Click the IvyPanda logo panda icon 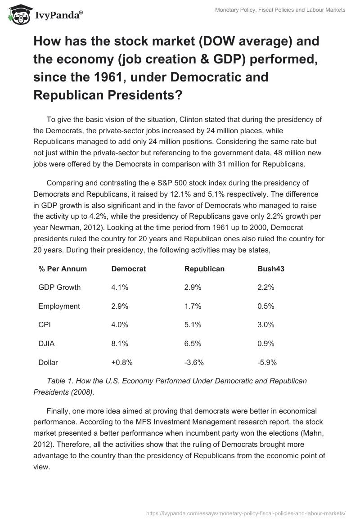click(x=18, y=14)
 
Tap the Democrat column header click(x=128, y=269)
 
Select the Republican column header click(x=204, y=269)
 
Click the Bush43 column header click(x=271, y=269)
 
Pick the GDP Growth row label click(x=59, y=288)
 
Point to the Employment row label click(x=59, y=306)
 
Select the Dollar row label click(x=48, y=362)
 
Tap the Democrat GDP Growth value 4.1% click(x=120, y=288)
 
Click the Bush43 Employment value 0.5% click(x=266, y=306)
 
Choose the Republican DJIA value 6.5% click(x=193, y=343)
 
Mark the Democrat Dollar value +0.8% click(x=121, y=362)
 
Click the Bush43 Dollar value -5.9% click(x=267, y=362)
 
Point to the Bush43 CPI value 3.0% click(x=266, y=325)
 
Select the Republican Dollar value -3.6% click(x=194, y=362)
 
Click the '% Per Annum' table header click(x=63, y=269)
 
